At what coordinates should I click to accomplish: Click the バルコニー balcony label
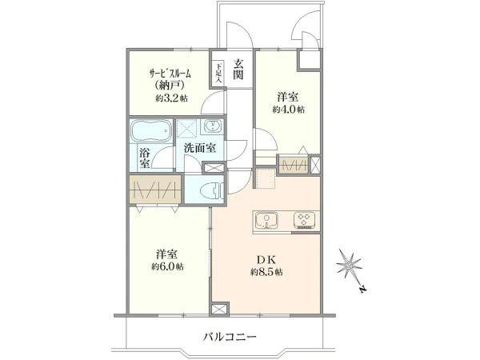click(230, 338)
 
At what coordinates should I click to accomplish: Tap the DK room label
click(266, 260)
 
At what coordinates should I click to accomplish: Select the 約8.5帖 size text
click(266, 272)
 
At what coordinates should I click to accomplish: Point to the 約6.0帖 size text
click(167, 266)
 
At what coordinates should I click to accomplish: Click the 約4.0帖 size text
click(288, 110)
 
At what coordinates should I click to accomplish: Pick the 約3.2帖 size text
click(171, 98)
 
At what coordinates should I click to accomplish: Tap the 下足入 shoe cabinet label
click(218, 73)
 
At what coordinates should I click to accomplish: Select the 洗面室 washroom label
click(200, 148)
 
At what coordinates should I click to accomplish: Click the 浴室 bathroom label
click(145, 158)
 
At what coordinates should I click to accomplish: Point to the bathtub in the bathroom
click(151, 130)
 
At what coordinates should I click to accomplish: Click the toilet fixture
click(212, 191)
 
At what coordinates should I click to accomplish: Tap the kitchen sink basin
click(267, 221)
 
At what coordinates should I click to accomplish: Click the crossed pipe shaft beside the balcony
click(219, 309)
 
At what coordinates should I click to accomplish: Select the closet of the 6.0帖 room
click(155, 190)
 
